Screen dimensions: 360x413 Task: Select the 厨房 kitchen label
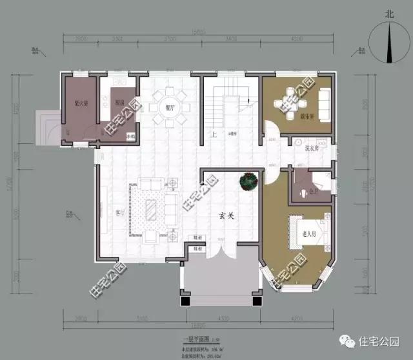coord(119,103)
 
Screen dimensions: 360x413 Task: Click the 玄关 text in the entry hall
coord(225,217)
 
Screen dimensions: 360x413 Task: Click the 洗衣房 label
coord(312,148)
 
